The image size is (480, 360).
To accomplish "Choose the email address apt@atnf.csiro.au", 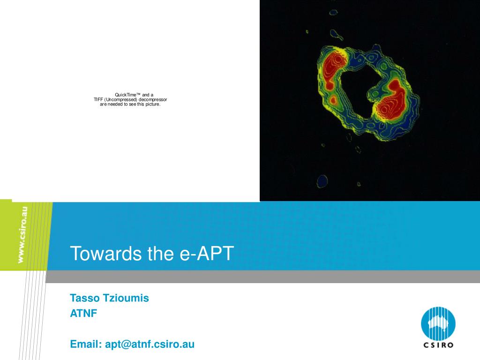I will click(150, 345).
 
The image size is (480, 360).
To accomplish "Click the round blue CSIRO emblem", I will click(438, 323).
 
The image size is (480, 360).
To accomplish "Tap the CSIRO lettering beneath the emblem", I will click(438, 345).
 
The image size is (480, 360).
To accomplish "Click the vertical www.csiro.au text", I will click(22, 235).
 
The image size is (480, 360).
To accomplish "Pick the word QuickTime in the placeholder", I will click(125, 95).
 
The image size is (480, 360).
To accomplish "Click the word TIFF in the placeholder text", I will click(98, 99).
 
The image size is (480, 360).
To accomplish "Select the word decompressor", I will click(153, 99).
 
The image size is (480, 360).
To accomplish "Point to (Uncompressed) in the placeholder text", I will click(121, 99).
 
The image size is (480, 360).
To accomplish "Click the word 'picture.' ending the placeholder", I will click(152, 104).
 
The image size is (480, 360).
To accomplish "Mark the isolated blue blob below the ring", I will click(322, 180).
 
